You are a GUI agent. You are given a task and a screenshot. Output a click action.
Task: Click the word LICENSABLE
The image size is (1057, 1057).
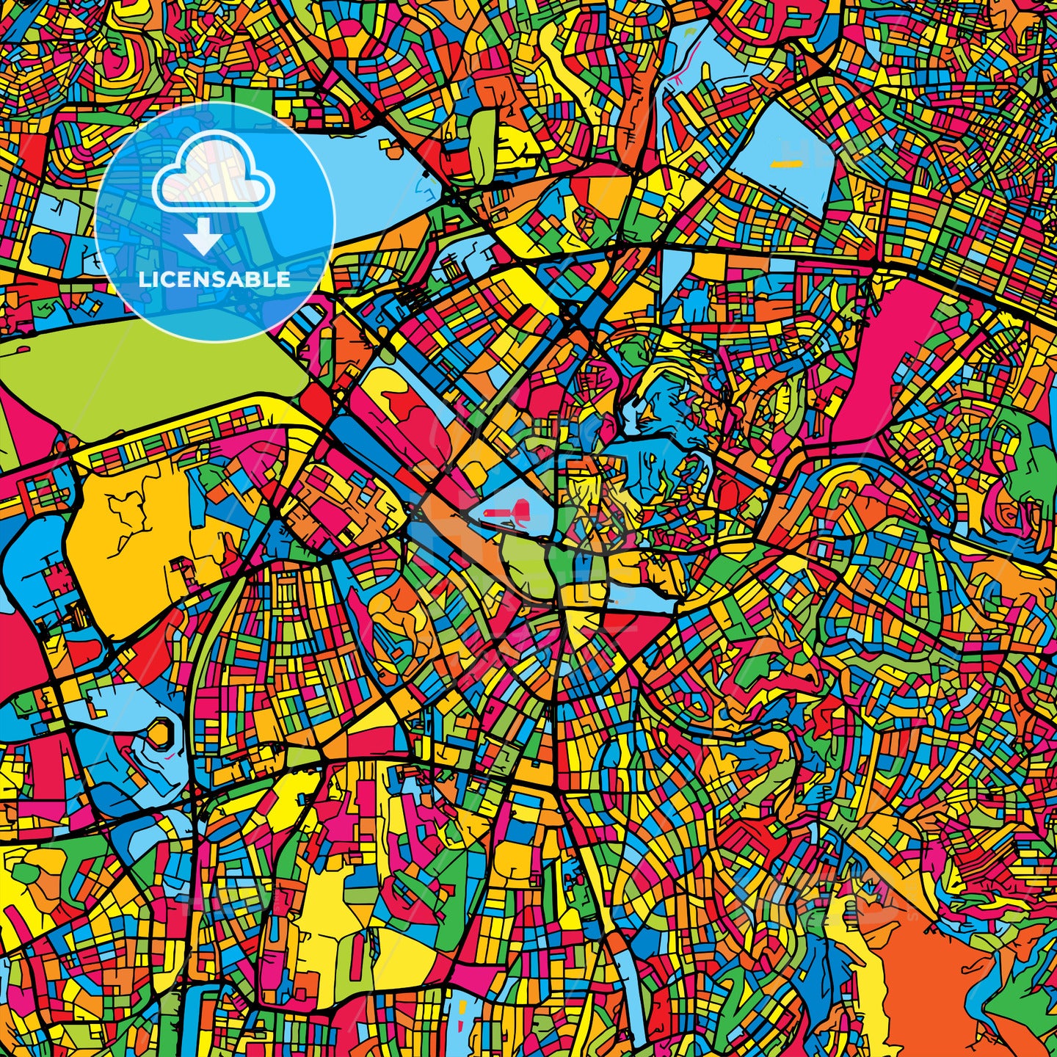[x=214, y=280]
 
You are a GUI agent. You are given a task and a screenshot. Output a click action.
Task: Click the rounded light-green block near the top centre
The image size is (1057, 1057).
[x=482, y=143]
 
